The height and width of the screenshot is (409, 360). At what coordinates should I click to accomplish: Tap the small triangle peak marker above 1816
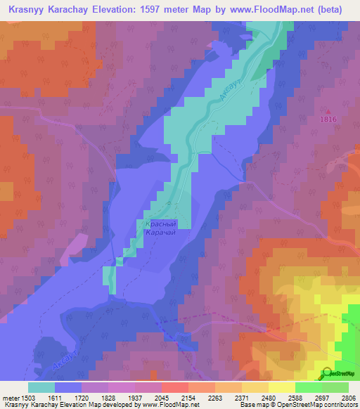(x=328, y=110)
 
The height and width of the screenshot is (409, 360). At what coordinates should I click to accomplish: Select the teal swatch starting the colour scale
(x=41, y=387)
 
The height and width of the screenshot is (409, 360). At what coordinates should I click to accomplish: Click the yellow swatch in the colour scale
(x=281, y=387)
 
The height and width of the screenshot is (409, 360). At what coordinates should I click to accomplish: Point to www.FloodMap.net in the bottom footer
(x=165, y=405)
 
